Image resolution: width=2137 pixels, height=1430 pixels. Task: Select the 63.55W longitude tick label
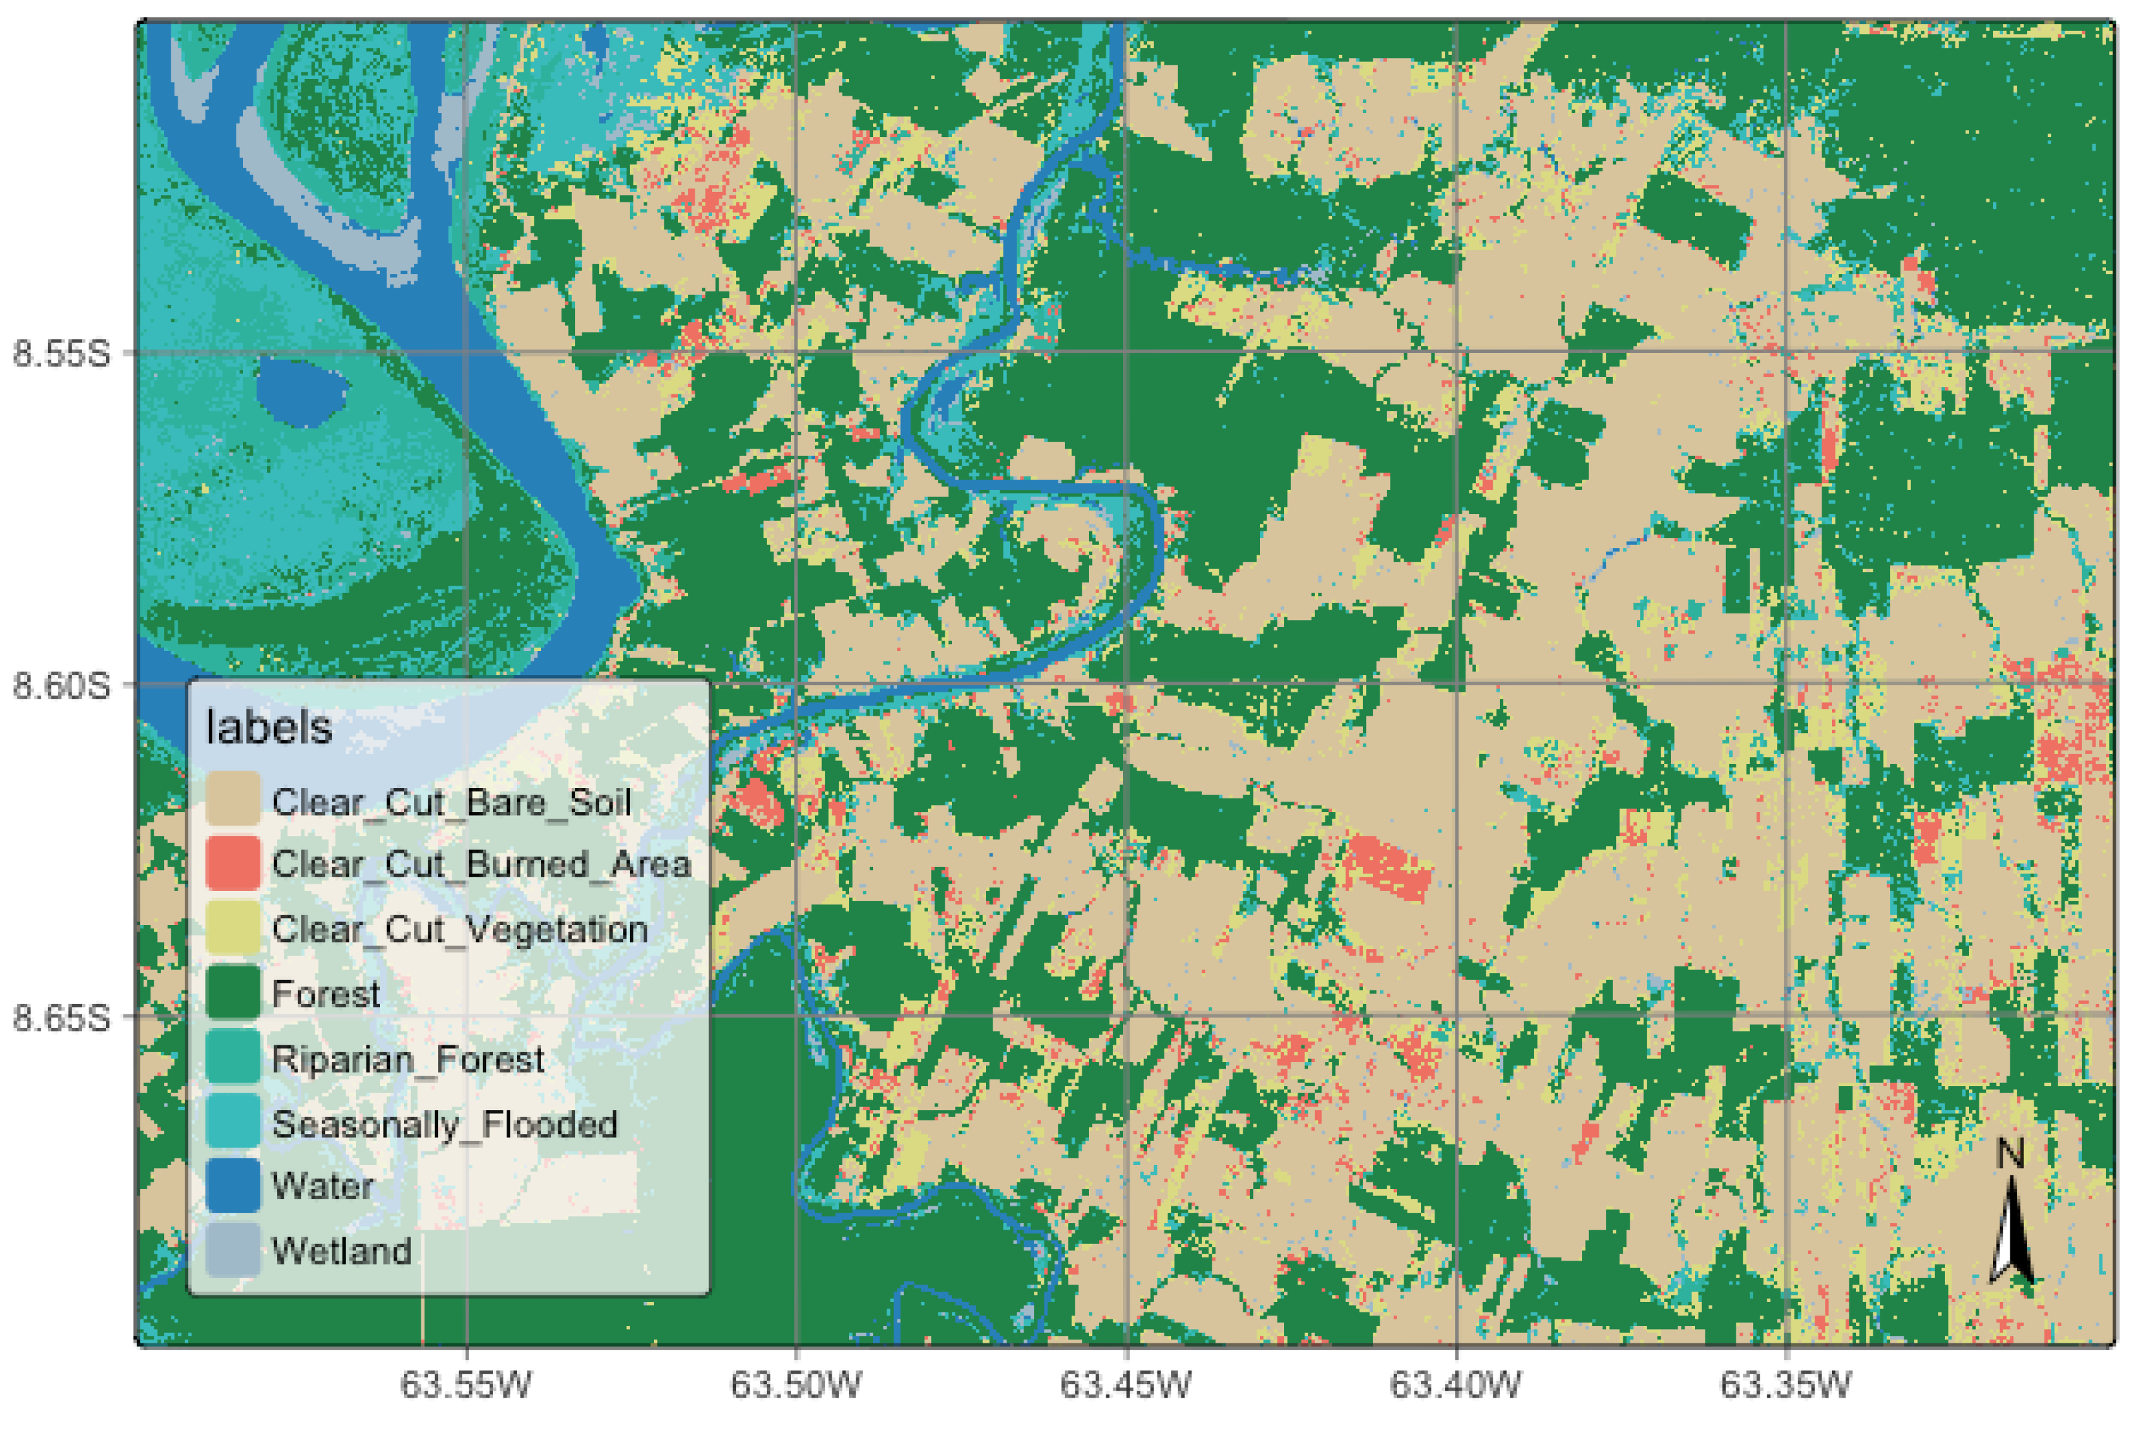pyautogui.click(x=466, y=1385)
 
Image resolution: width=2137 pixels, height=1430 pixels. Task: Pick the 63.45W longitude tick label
pyautogui.click(x=1126, y=1385)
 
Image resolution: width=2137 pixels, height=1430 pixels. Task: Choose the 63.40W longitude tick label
pyautogui.click(x=1456, y=1385)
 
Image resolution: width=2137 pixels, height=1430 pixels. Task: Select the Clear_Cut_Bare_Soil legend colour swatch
pyautogui.click(x=233, y=800)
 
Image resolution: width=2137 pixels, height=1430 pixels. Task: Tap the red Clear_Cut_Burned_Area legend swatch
pyautogui.click(x=233, y=864)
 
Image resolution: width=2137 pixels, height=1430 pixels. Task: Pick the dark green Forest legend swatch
pyautogui.click(x=233, y=993)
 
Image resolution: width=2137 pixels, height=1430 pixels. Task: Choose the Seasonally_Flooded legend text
pyautogui.click(x=444, y=1124)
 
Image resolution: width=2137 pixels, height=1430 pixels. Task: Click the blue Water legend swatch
pyautogui.click(x=233, y=1186)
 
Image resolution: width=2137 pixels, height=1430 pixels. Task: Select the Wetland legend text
pyautogui.click(x=342, y=1250)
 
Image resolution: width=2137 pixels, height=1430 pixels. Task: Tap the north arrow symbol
pyautogui.click(x=2011, y=1231)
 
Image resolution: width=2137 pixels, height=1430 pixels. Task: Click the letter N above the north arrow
pyautogui.click(x=2010, y=1155)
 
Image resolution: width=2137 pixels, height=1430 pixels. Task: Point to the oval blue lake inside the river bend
pyautogui.click(x=301, y=393)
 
